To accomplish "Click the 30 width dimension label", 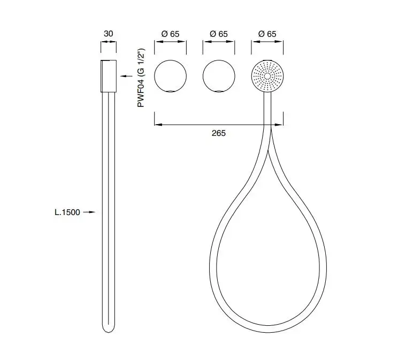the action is [x=109, y=34].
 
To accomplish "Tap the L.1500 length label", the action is [x=67, y=212].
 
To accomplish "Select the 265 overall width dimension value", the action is [x=219, y=133].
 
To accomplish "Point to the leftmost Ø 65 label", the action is [x=170, y=34].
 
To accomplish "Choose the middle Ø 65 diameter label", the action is [x=219, y=34].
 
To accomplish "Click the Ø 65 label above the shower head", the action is [x=267, y=34].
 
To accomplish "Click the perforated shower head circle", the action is [x=267, y=76].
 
